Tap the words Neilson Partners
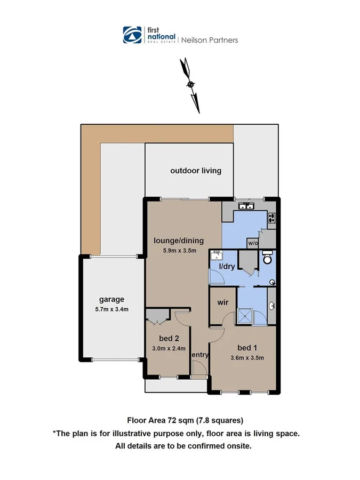point(210,39)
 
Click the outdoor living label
point(196,171)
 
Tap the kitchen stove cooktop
point(272,218)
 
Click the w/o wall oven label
point(252,243)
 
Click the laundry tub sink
point(217,254)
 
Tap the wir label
point(223,302)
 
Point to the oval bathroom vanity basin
point(273,306)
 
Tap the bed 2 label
point(169,339)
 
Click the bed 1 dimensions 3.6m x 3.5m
point(247,357)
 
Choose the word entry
point(199,355)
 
